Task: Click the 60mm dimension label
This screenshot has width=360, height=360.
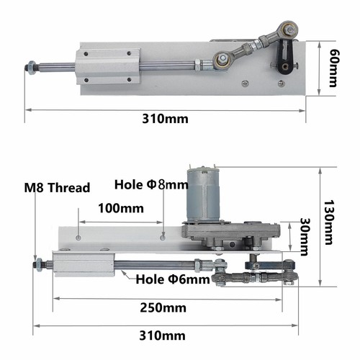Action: [x=333, y=68]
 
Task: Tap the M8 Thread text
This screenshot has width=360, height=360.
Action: [x=58, y=188]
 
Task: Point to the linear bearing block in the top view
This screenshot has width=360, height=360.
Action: [x=105, y=66]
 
